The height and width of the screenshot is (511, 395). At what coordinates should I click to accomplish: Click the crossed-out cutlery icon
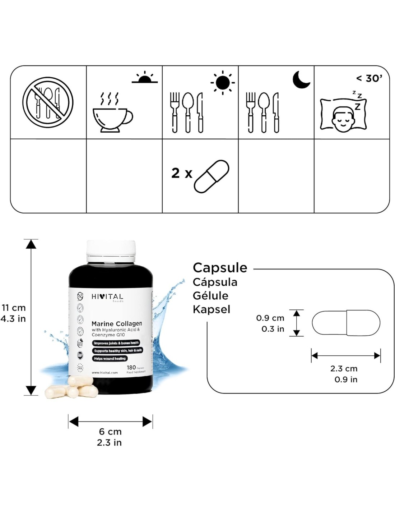coord(48,102)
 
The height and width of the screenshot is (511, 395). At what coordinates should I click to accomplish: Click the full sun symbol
coord(223,82)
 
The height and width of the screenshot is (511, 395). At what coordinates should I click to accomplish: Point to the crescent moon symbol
coord(301,79)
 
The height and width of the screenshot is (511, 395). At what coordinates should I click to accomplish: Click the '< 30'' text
coord(369,78)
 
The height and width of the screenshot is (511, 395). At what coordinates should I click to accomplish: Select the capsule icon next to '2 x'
coord(211,176)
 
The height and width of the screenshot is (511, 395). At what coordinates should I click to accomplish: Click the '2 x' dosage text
coord(182,173)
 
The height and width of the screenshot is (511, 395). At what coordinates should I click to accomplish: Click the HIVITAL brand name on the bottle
coord(107,296)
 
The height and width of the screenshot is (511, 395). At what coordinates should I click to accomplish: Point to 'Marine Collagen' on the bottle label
coord(117,323)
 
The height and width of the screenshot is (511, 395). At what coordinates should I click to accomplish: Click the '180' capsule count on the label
coord(131,367)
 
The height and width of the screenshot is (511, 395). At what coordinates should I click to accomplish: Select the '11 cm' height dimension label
coord(14,308)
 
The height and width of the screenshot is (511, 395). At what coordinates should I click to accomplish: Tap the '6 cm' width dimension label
coord(110,431)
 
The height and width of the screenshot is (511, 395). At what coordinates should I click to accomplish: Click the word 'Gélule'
coord(210,296)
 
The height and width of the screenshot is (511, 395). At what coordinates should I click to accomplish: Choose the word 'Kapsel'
coord(212,309)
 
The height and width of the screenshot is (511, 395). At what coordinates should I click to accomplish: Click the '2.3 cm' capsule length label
coord(344,368)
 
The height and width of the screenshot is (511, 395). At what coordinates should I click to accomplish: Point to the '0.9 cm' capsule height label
coord(270,318)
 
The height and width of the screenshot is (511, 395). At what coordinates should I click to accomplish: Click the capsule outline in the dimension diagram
coord(346,323)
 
